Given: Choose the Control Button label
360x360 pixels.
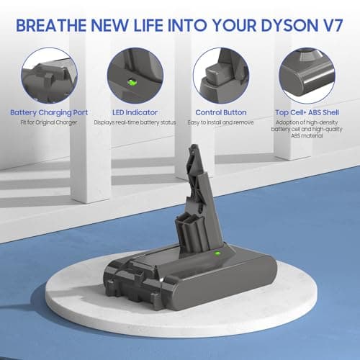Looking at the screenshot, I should point(221,113).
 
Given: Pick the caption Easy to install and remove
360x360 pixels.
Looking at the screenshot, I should point(221,122).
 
